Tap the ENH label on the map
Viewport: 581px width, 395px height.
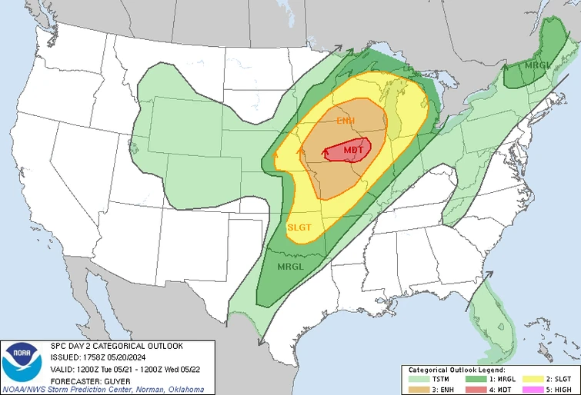tap(346, 121)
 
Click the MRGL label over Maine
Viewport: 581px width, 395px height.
tap(538, 65)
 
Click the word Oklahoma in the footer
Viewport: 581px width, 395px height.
tap(183, 390)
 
